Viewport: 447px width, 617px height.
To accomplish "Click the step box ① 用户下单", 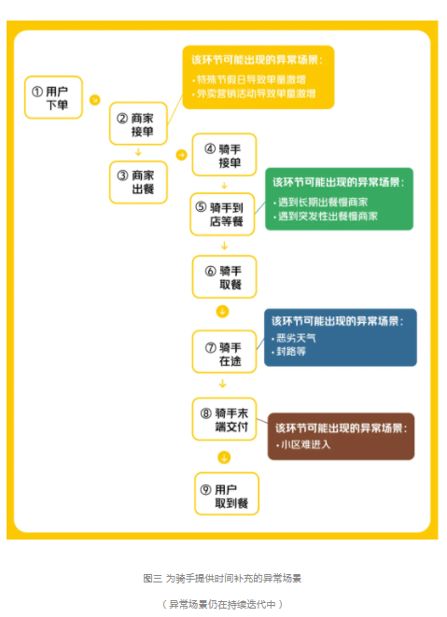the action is click(53, 97).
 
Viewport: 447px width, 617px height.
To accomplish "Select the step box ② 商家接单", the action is click(138, 123).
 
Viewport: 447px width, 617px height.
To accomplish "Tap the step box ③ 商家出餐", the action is click(138, 182).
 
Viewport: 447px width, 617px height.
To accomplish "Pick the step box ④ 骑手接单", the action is click(224, 155).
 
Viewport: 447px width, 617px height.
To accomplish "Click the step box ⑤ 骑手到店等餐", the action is click(222, 215).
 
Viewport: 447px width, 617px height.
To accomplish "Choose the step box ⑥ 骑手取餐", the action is click(224, 276).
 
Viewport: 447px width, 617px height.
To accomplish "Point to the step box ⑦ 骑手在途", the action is click(224, 352).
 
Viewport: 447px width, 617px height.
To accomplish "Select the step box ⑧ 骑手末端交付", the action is click(224, 419).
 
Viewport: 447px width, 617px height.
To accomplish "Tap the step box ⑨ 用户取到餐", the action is click(227, 494).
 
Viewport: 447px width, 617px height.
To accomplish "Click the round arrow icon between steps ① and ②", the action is click(95, 100).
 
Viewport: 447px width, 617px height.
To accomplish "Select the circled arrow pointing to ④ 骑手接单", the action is click(181, 155).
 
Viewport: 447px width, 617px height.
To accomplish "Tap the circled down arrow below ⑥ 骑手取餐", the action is click(222, 312).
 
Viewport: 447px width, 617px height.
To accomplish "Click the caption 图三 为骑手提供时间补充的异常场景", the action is click(222, 579).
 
